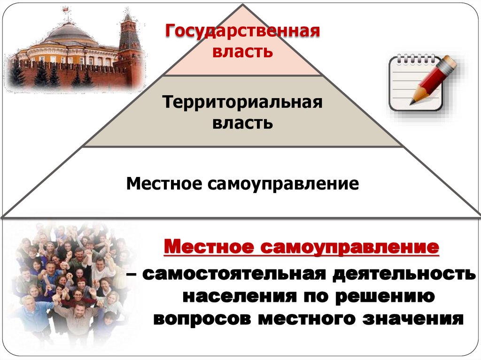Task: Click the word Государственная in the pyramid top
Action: pyautogui.click(x=242, y=32)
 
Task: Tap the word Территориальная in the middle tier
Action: pyautogui.click(x=242, y=103)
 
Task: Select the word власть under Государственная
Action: pyautogui.click(x=242, y=51)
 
